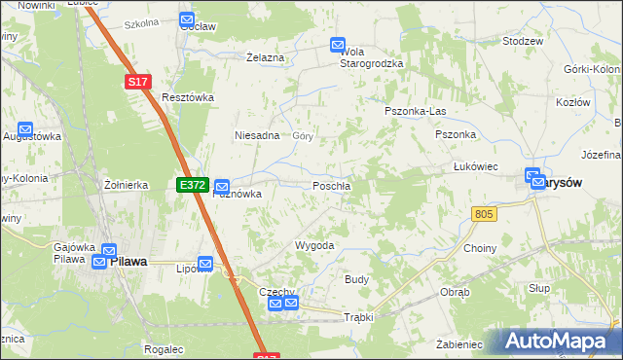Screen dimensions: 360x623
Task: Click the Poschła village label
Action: [331, 185]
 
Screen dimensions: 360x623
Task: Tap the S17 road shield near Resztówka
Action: [137, 84]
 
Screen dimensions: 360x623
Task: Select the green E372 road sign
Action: [192, 184]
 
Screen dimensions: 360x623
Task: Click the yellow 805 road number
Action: [484, 213]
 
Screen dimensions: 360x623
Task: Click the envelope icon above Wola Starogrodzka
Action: [338, 45]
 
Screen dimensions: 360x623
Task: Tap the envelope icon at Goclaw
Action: [188, 19]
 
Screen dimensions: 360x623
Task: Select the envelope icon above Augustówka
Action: [25, 128]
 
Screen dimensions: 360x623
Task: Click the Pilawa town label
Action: [128, 262]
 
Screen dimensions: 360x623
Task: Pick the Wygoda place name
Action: [314, 245]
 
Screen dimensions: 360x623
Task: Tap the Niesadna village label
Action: [257, 135]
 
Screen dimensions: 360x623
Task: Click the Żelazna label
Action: [265, 57]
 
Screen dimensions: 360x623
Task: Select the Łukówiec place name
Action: [476, 166]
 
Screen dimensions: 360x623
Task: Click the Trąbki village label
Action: [358, 317]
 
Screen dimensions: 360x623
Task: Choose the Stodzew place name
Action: [522, 42]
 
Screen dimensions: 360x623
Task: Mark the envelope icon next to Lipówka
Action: [205, 263]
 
